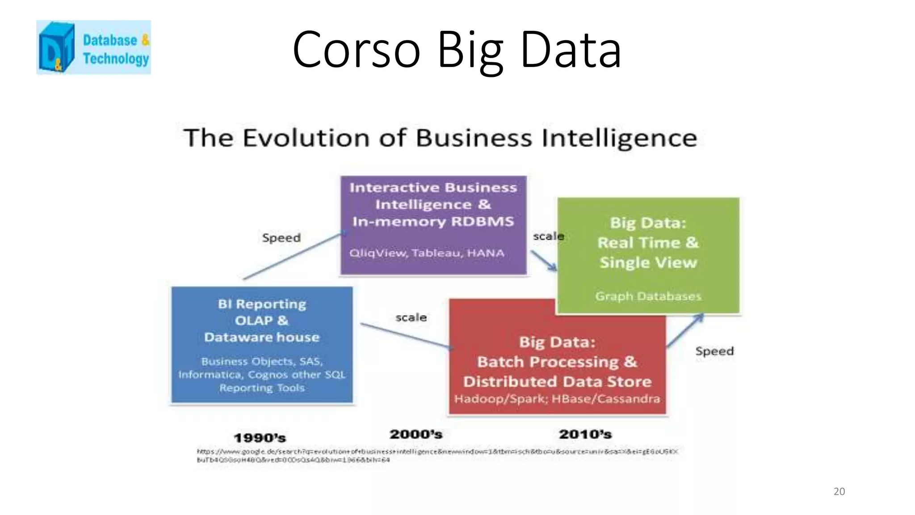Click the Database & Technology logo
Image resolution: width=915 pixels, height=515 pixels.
(x=93, y=47)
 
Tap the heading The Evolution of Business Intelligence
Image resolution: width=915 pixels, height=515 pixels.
(x=440, y=138)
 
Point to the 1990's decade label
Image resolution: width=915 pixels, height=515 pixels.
(x=260, y=438)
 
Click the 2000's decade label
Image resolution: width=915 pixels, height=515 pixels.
(x=416, y=434)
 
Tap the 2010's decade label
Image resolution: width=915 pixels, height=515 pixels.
(x=585, y=434)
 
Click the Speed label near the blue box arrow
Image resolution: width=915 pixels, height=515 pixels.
(x=281, y=238)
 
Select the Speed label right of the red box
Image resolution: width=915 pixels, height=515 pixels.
(x=714, y=351)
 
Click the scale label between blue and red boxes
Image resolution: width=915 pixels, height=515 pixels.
(x=411, y=317)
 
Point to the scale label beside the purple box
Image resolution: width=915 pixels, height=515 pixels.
(x=548, y=236)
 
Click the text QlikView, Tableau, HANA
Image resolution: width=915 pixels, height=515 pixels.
(x=427, y=253)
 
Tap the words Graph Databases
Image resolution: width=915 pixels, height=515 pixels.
(x=648, y=296)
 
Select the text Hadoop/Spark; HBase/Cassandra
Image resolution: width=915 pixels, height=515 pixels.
(x=557, y=399)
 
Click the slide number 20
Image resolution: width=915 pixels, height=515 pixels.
(x=839, y=491)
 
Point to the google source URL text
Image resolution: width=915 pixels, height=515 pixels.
(x=437, y=456)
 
